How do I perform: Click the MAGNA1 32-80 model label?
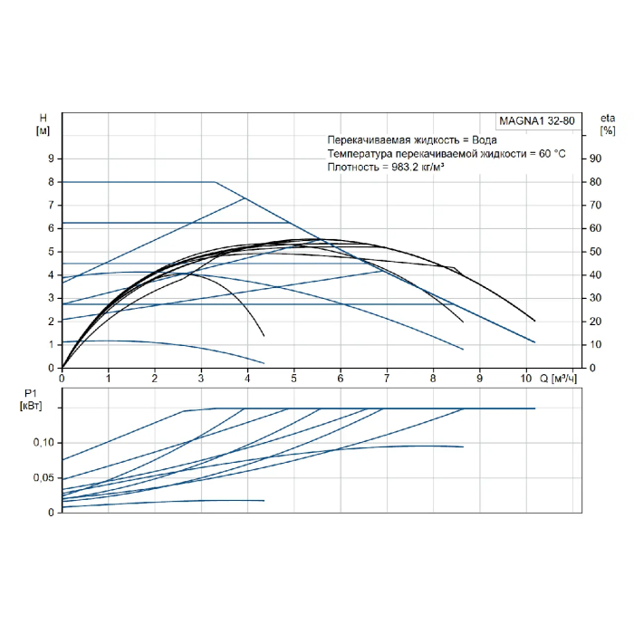click(536, 120)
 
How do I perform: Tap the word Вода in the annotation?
click(485, 139)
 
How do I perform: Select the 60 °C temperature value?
click(552, 154)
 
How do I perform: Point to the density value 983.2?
click(405, 167)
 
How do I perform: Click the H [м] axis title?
click(43, 124)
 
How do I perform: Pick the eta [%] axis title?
click(608, 124)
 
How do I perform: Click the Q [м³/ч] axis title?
click(558, 379)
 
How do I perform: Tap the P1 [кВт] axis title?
click(31, 399)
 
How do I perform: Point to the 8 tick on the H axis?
click(51, 182)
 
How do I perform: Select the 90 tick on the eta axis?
click(595, 158)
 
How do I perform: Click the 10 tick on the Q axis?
click(525, 379)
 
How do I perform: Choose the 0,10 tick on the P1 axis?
click(43, 443)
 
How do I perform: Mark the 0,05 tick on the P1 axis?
click(43, 477)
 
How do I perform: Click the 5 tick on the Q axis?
click(294, 379)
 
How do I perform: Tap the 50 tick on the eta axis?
click(595, 252)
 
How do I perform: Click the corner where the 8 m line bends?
click(216, 182)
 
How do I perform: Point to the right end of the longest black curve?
click(534, 321)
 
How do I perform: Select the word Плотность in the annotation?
click(353, 167)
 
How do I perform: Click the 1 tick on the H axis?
click(51, 344)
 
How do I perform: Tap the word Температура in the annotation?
click(360, 154)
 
